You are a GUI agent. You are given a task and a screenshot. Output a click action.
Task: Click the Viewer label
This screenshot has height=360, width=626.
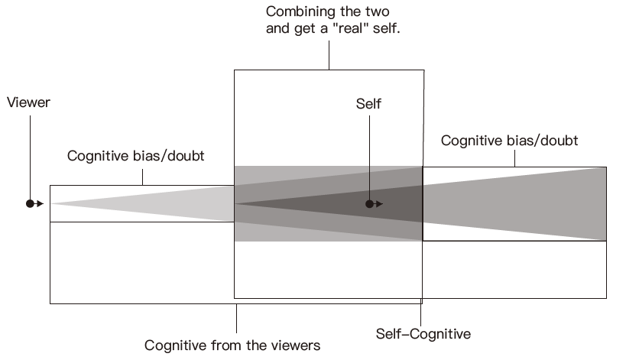point(28,102)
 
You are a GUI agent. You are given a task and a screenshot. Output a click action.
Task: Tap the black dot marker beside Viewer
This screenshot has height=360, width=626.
point(31,203)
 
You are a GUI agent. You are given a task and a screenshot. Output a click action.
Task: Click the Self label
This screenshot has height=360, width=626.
point(368,104)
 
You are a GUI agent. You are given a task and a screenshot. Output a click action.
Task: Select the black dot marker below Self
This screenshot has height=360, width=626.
point(369,204)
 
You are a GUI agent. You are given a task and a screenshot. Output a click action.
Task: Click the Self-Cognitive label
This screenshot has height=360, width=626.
point(423,334)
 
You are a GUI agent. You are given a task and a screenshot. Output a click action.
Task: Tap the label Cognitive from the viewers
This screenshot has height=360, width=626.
point(232,345)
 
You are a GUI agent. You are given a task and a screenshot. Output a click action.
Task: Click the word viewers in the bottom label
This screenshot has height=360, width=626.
point(295,345)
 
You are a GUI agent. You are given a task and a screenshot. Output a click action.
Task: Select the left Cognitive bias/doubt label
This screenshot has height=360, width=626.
point(136,157)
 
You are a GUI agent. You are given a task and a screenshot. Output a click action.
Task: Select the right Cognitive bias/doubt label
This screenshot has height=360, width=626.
point(509,141)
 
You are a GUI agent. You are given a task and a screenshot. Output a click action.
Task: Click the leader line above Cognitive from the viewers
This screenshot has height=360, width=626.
point(236,317)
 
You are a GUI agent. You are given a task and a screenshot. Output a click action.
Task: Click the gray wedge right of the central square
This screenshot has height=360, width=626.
point(535,203)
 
